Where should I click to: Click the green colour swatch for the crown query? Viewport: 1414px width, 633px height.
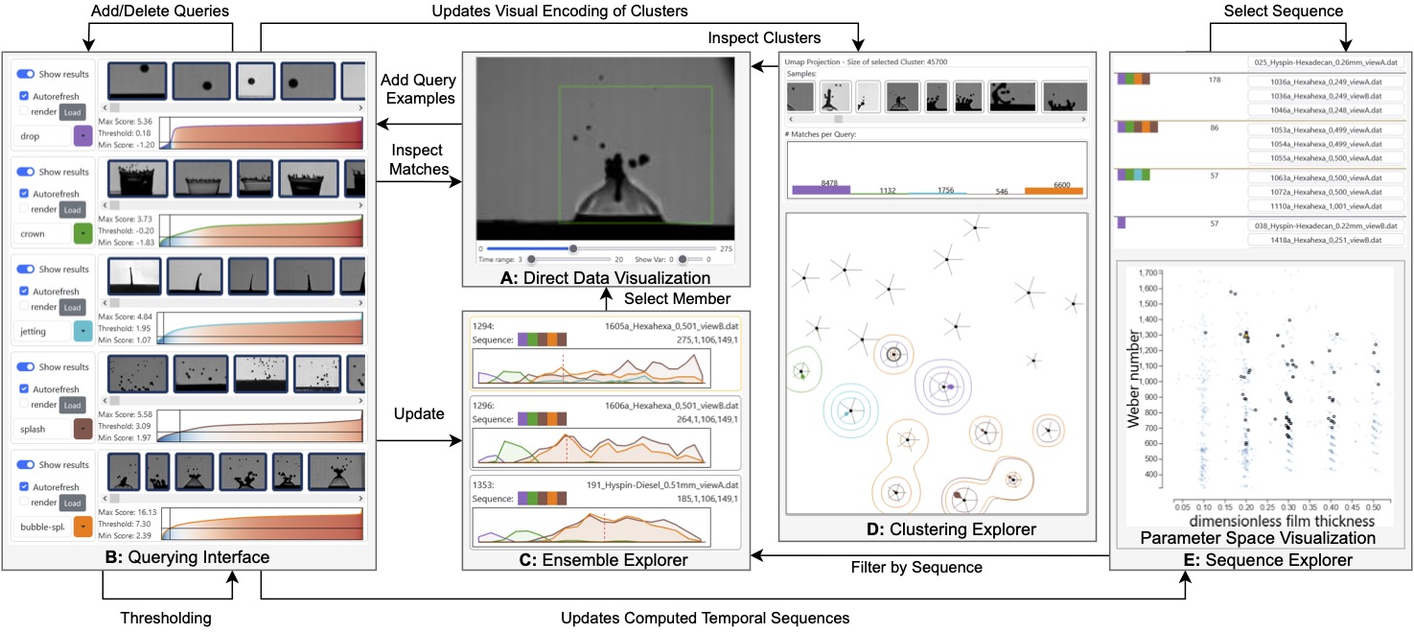(82, 233)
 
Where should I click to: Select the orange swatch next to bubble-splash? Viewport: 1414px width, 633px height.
(82, 526)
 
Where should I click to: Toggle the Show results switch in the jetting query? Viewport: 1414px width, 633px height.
(27, 270)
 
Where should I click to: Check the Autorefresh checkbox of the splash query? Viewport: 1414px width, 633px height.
(25, 387)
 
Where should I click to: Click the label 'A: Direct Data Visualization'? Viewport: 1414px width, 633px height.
(605, 278)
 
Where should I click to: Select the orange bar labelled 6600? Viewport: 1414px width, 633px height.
(1053, 190)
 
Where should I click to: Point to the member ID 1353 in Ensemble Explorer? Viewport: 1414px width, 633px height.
(481, 485)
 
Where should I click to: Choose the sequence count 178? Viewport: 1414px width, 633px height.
(1215, 81)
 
